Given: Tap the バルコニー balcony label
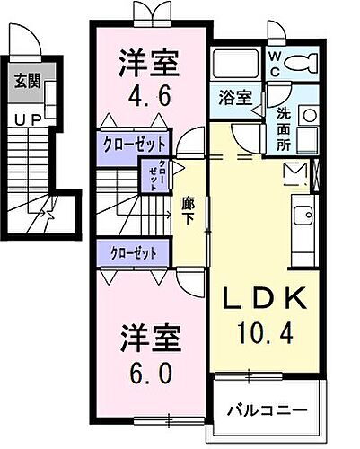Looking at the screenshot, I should pos(266,410).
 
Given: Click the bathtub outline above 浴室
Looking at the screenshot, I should pos(236,63).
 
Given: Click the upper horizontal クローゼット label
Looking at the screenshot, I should pos(131,145).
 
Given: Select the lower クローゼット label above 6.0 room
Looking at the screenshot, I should pos(131,252).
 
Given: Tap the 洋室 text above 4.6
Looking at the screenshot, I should pos(150,63).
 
